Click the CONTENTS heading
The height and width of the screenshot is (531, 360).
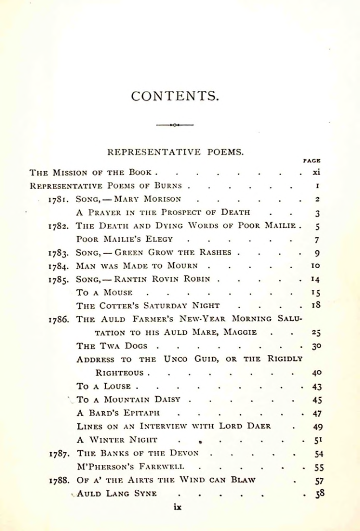tap(175, 96)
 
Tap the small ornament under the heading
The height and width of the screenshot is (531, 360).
tap(175, 126)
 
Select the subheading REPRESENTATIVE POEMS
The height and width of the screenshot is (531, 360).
tap(175, 152)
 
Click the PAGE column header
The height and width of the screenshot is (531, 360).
tap(312, 161)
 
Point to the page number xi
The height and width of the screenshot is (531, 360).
tap(317, 172)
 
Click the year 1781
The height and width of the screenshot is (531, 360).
tap(58, 199)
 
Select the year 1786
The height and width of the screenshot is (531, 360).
tap(58, 319)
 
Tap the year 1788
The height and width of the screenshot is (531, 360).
tap(58, 481)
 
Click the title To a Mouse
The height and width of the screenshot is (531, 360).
tap(104, 293)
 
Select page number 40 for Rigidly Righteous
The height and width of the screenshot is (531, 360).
tap(317, 373)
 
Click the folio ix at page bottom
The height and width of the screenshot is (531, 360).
tap(177, 508)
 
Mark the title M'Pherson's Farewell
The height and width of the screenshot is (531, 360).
tap(130, 467)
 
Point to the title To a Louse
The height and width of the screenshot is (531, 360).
tap(103, 386)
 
